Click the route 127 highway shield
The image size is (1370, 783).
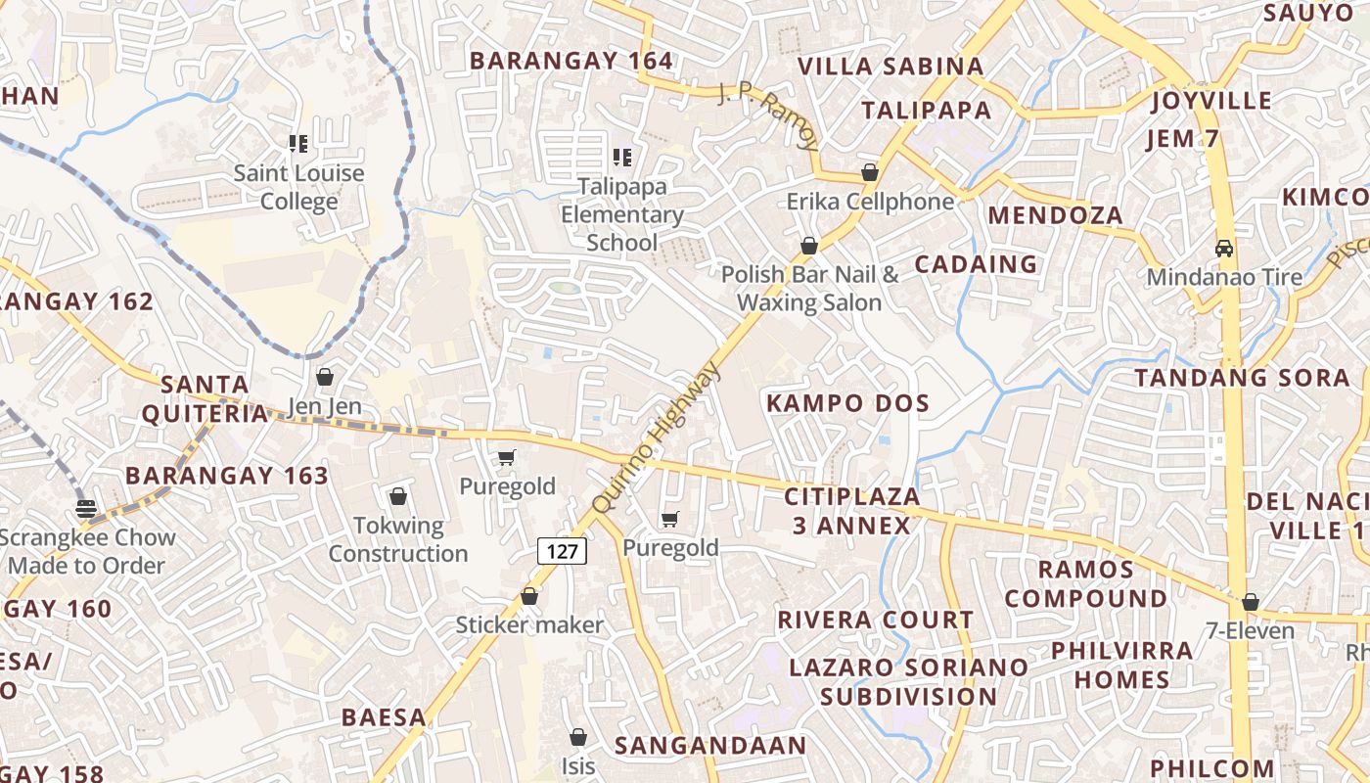tap(562, 551)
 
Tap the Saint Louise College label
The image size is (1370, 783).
tap(298, 188)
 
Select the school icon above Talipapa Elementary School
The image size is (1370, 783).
tap(621, 157)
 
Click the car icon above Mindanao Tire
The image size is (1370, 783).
tap(1224, 249)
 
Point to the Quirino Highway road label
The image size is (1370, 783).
tap(657, 438)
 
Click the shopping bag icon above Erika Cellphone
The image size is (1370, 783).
tap(869, 173)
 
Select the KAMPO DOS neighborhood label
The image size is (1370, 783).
tap(847, 403)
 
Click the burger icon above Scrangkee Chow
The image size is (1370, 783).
tap(86, 508)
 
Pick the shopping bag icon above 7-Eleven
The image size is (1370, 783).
tap(1250, 602)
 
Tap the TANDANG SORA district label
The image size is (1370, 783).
tap(1242, 378)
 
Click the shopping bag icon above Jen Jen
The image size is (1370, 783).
tap(325, 377)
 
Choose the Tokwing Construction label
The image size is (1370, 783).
tap(398, 539)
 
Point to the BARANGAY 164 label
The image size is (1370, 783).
tap(571, 61)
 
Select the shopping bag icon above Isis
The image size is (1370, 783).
tap(578, 737)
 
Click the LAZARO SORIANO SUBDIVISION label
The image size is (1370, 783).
tap(908, 682)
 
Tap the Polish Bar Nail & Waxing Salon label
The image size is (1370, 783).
tap(809, 288)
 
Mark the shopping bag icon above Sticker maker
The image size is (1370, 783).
tap(529, 596)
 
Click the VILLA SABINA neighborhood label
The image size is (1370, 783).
tap(890, 67)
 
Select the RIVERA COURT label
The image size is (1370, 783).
tap(875, 621)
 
